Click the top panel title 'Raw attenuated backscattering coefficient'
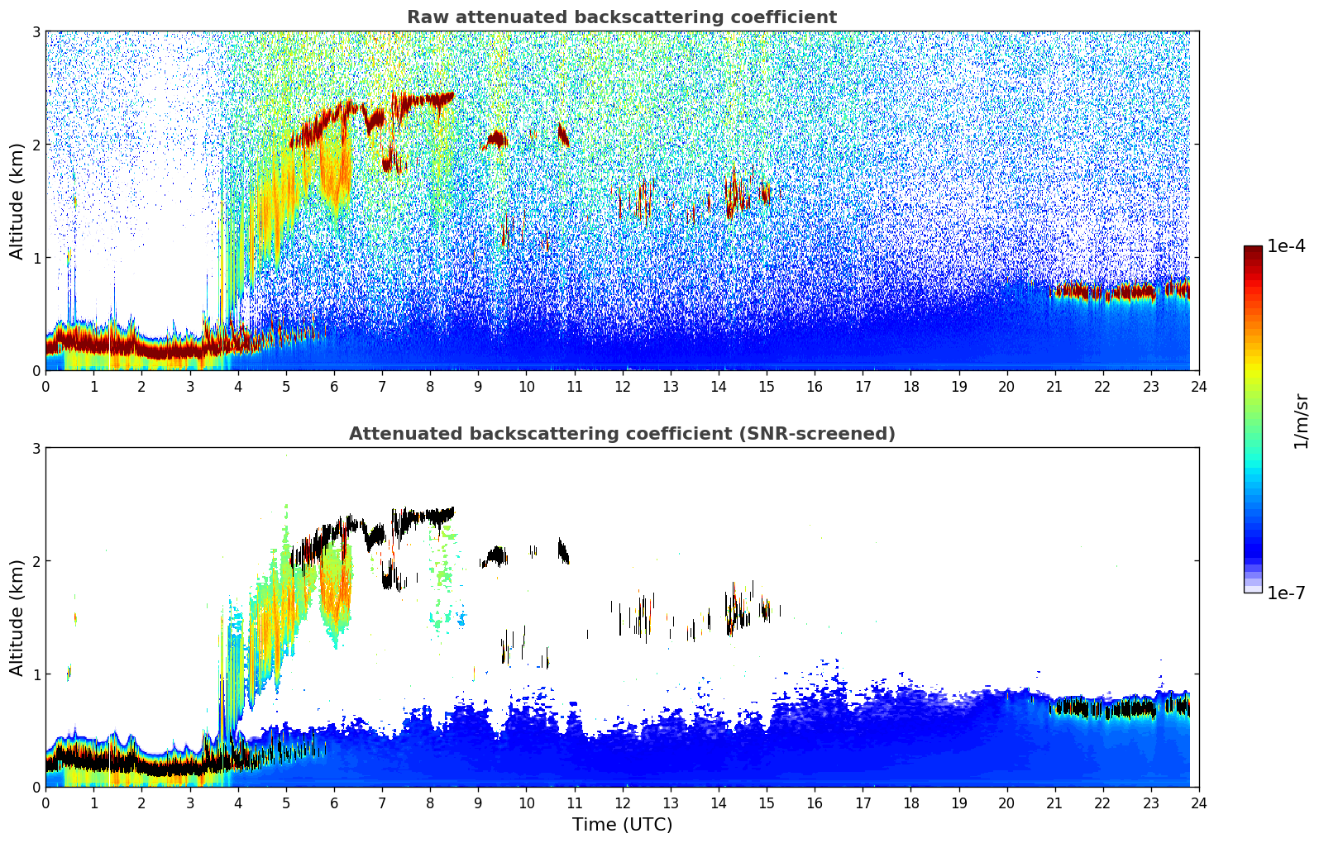tap(621, 17)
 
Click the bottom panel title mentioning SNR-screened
tap(621, 434)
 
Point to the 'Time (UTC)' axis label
tap(622, 825)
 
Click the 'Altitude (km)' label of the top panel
tap(17, 201)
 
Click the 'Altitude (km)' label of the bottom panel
tap(17, 617)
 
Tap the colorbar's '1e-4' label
tap(1286, 246)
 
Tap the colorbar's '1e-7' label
tap(1286, 593)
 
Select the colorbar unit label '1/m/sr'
tap(1301, 421)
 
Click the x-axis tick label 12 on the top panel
tap(622, 387)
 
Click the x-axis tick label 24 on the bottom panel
tap(1198, 803)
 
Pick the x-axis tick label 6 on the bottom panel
tap(334, 803)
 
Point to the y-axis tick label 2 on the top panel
tap(36, 145)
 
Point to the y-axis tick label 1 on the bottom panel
tap(36, 674)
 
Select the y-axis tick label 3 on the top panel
tap(36, 31)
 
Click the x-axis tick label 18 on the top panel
tap(910, 387)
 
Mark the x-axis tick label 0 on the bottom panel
tap(45, 803)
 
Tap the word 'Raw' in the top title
tap(424, 17)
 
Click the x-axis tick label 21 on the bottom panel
tap(1054, 803)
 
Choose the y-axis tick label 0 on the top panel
tap(36, 371)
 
